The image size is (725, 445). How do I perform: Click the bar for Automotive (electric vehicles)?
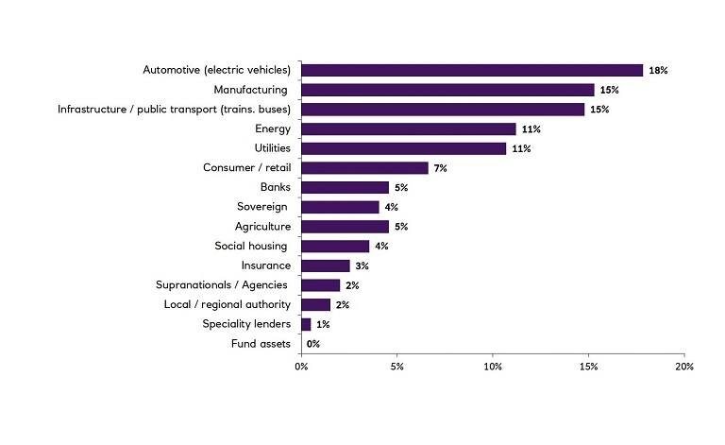(472, 70)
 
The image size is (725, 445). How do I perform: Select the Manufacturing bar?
(447, 90)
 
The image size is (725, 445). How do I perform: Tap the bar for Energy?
(409, 128)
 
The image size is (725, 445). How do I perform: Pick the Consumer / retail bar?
(365, 168)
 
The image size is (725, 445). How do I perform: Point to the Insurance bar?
(326, 265)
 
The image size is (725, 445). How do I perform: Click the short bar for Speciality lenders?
(306, 324)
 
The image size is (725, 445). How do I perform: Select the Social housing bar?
(335, 246)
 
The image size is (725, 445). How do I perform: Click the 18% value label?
(658, 71)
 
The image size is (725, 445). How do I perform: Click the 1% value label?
(322, 324)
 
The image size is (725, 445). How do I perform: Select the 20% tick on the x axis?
(684, 366)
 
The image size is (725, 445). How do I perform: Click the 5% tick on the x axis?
(396, 366)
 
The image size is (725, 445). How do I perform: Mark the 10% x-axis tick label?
(493, 366)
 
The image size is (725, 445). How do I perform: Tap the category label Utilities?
(272, 148)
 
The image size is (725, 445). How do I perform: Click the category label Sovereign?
(262, 207)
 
